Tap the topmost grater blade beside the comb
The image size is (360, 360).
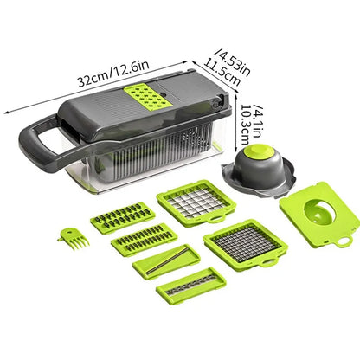click(x=123, y=216)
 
